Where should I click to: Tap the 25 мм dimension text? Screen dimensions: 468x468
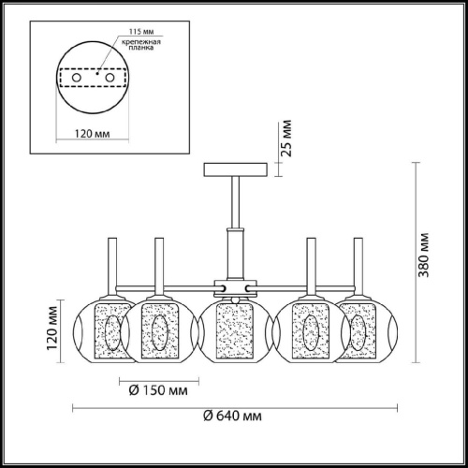click(x=286, y=137)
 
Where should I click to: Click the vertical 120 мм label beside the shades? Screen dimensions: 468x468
click(x=51, y=329)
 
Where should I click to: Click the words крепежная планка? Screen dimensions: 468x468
click(x=135, y=49)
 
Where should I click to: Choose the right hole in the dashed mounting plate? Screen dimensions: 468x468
click(x=118, y=79)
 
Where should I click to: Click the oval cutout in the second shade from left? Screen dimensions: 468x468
click(x=156, y=329)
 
